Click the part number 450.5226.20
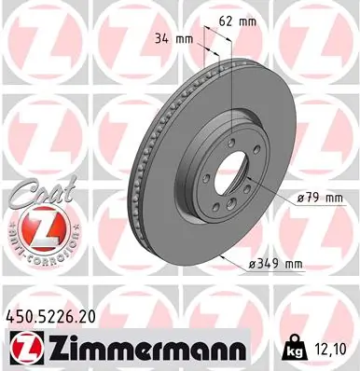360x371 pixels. coord(55,319)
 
